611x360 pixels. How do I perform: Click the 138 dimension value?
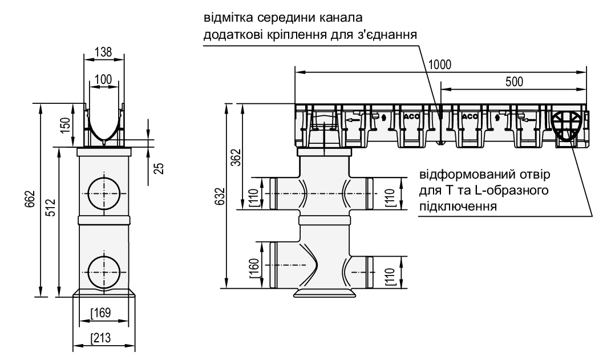(x=103, y=52)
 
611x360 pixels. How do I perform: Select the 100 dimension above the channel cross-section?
(x=103, y=79)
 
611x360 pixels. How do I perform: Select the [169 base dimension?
(x=101, y=313)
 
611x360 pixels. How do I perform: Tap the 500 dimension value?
(x=512, y=81)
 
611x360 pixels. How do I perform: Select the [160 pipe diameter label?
(x=254, y=266)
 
